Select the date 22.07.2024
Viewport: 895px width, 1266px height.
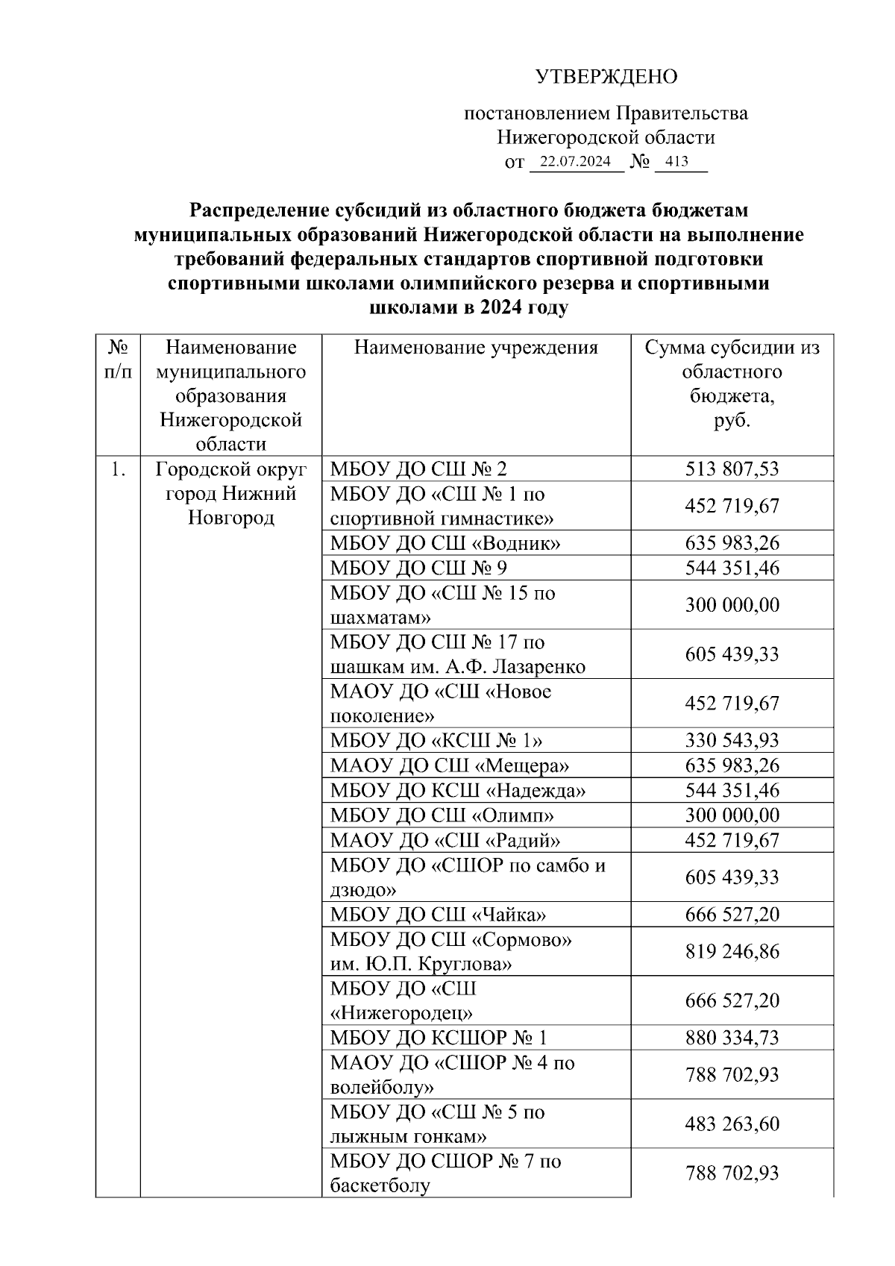575,162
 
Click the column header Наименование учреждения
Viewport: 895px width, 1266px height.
476,347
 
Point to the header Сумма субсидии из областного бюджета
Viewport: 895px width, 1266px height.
732,383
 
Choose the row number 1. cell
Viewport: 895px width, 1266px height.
118,469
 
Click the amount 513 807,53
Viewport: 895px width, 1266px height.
732,469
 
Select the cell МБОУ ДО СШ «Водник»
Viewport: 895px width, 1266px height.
445,543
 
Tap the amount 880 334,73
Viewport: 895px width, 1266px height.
732,1038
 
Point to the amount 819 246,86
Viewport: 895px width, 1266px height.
732,951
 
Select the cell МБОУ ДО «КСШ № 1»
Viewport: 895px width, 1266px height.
436,741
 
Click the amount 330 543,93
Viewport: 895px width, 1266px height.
732,741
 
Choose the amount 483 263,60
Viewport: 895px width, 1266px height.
732,1124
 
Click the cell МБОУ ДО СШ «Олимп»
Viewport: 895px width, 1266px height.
442,815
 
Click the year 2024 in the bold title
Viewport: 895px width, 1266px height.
500,307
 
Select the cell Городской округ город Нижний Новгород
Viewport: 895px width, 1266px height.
230,493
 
